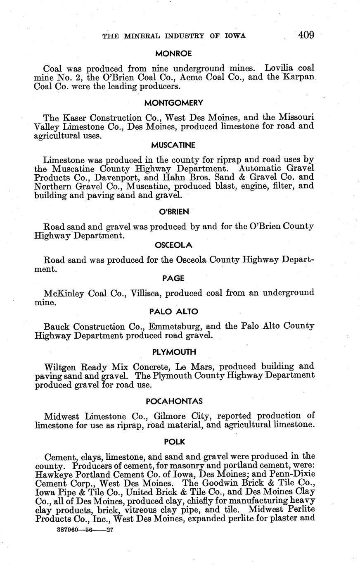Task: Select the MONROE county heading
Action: point(173,53)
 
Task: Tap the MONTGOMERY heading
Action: point(173,102)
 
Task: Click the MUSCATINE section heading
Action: point(173,145)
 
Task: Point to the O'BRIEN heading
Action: point(174,212)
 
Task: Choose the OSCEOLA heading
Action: point(173,245)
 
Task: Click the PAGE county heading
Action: point(173,278)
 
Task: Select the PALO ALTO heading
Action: point(173,311)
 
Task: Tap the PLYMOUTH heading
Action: point(173,352)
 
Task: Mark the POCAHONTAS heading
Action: point(173,401)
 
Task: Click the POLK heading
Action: point(174,442)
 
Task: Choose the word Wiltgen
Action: point(61,367)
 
